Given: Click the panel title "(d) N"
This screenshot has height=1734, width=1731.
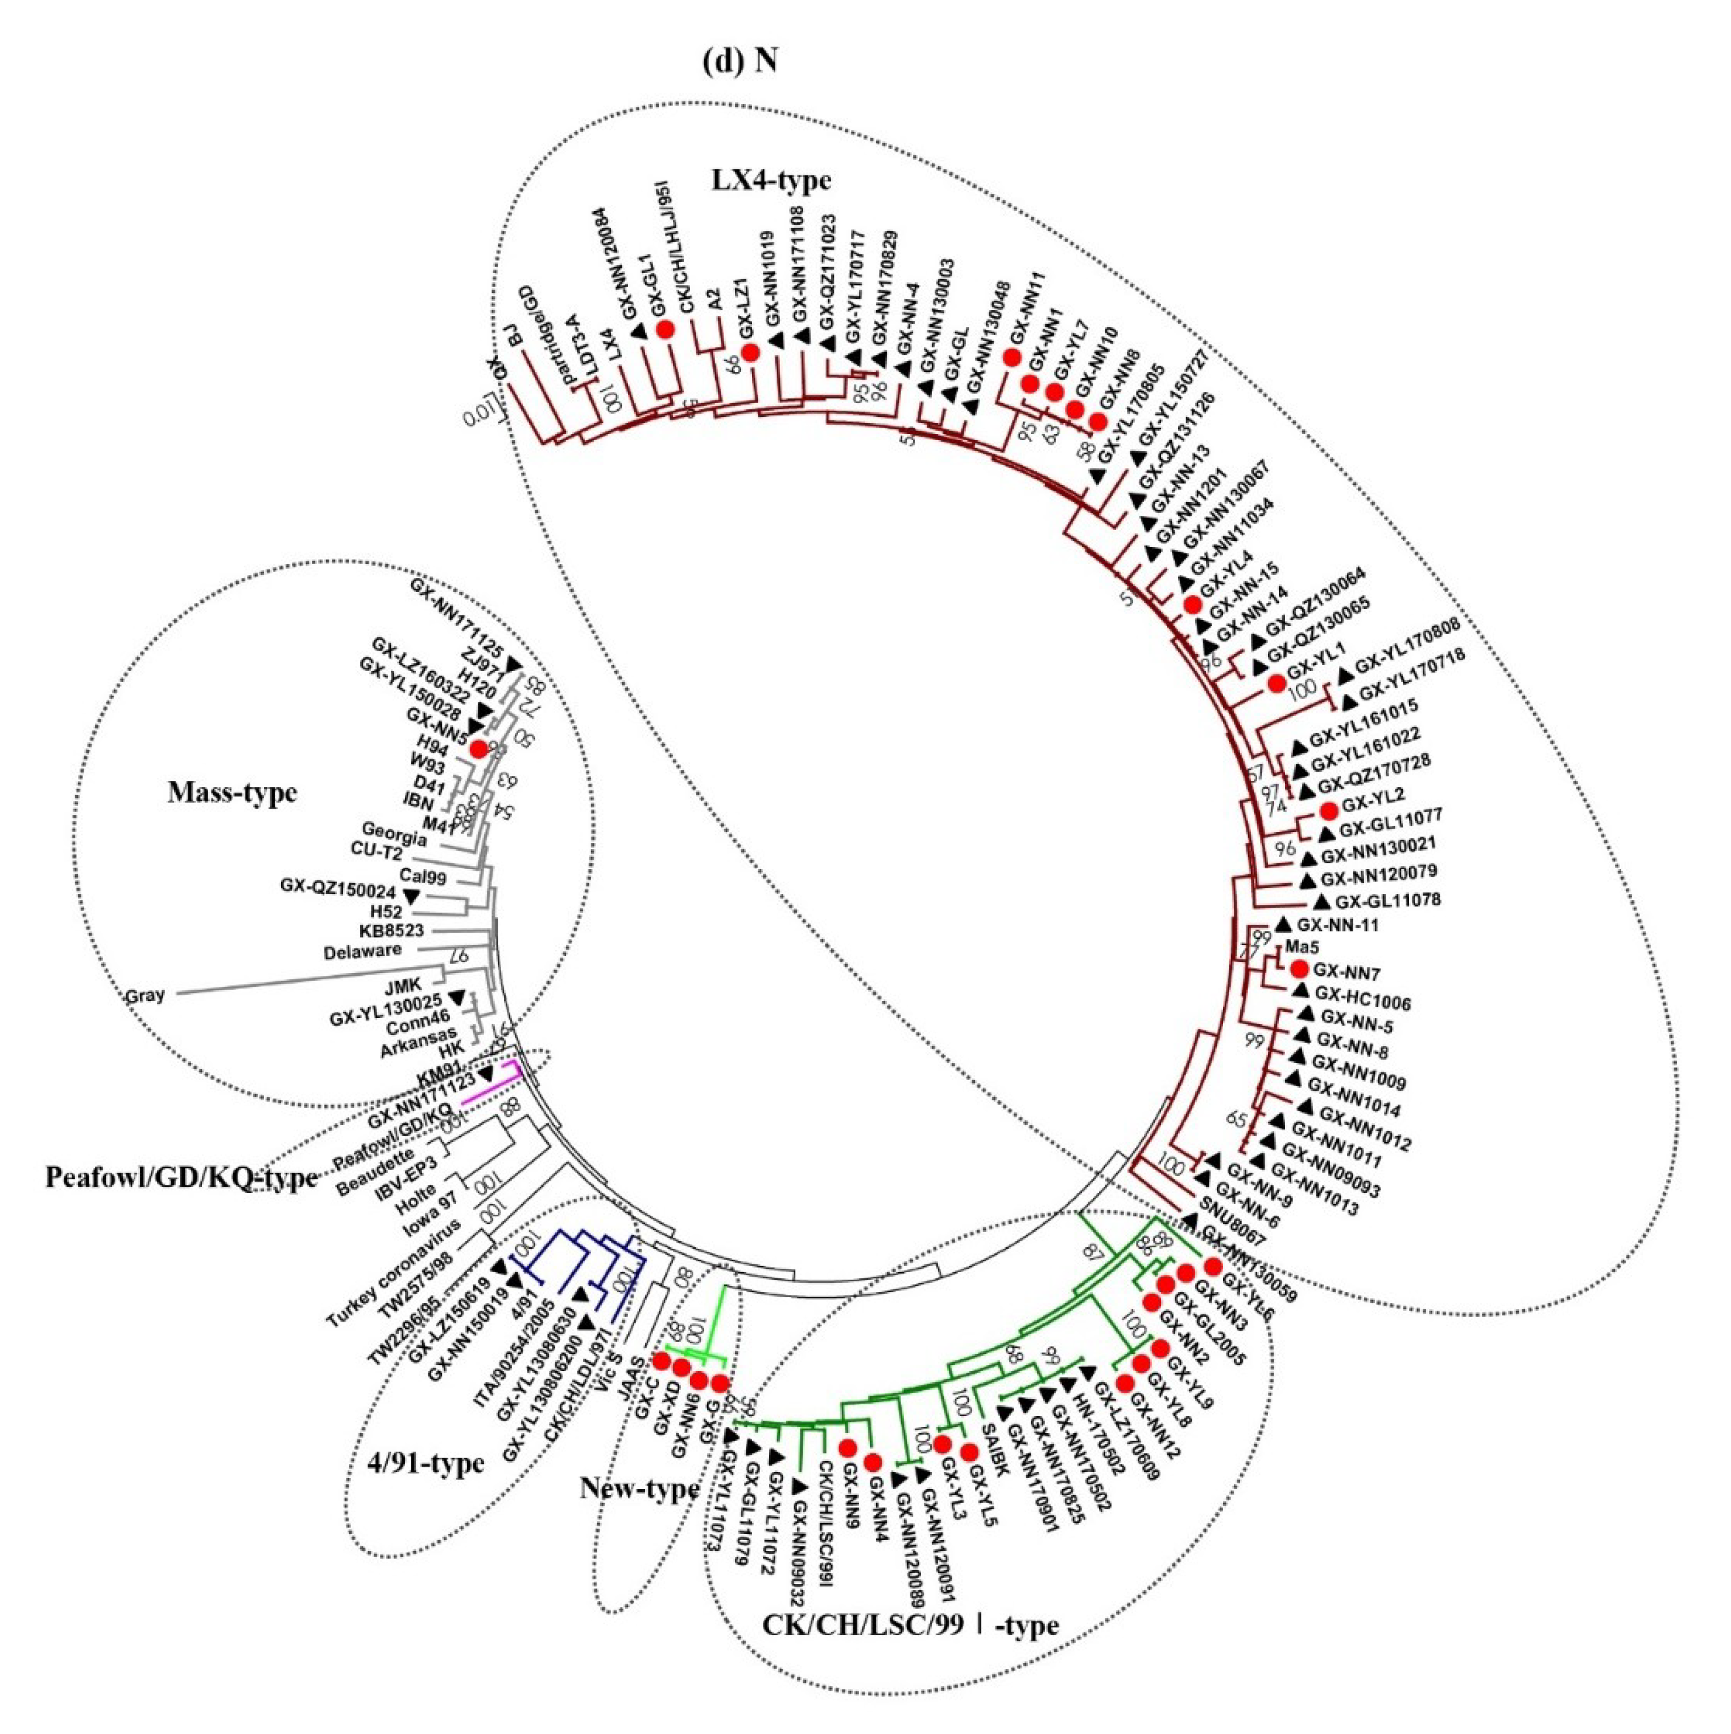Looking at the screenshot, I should [739, 60].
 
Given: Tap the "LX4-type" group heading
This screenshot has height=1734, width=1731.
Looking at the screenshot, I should [771, 180].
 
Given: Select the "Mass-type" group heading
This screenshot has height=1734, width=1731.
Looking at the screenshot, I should [232, 793].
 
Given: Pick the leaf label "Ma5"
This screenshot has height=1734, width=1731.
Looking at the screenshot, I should [1298, 947].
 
